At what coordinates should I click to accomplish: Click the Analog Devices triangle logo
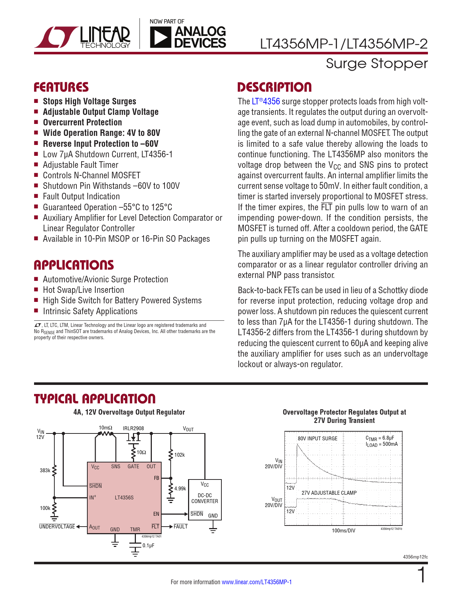(160, 37)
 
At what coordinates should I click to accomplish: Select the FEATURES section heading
(61, 87)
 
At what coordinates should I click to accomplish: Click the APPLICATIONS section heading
(74, 265)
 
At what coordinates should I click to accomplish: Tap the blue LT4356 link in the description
(266, 101)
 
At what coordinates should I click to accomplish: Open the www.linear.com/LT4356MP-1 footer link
(257, 582)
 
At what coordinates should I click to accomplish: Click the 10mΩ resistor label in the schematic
(105, 428)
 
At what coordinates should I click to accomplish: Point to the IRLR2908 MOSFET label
(133, 428)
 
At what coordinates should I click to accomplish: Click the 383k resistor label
(45, 470)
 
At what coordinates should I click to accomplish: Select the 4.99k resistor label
(180, 489)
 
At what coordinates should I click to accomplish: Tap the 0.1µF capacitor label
(148, 545)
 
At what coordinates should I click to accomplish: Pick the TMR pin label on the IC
(135, 530)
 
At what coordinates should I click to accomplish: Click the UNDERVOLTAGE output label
(57, 527)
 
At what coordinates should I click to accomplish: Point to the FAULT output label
(180, 527)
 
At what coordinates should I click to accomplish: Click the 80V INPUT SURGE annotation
(317, 439)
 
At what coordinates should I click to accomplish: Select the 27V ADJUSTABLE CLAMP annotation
(329, 493)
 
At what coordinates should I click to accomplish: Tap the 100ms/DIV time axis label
(344, 531)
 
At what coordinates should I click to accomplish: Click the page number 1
(422, 576)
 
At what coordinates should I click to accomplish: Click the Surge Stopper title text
(377, 63)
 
